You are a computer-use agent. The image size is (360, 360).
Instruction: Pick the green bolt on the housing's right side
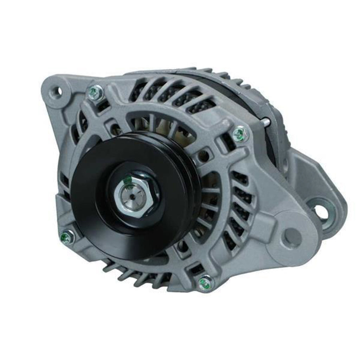tap(240, 134)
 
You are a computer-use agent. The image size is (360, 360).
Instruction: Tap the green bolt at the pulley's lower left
tap(67, 237)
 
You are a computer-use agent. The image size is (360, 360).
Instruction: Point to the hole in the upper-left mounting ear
tap(56, 91)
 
